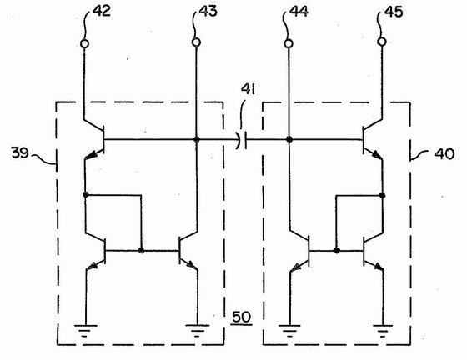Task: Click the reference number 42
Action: tap(102, 11)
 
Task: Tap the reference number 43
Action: tap(208, 11)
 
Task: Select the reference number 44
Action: tap(299, 12)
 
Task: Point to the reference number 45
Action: tap(394, 12)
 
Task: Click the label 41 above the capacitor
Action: tap(249, 89)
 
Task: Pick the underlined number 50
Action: tap(241, 317)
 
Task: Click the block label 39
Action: tap(20, 152)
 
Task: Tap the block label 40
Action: tap(444, 154)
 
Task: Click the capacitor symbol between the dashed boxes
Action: tap(241, 139)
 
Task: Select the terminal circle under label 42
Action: tap(84, 44)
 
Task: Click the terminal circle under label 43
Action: tap(196, 42)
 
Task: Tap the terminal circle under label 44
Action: tap(289, 43)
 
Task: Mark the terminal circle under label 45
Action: tap(382, 42)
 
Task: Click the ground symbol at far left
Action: tap(85, 331)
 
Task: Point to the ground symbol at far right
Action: tap(383, 331)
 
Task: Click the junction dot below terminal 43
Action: tap(196, 139)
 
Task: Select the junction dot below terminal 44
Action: tap(289, 139)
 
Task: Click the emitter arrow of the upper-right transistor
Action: tap(376, 155)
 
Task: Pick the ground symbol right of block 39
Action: tap(197, 331)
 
